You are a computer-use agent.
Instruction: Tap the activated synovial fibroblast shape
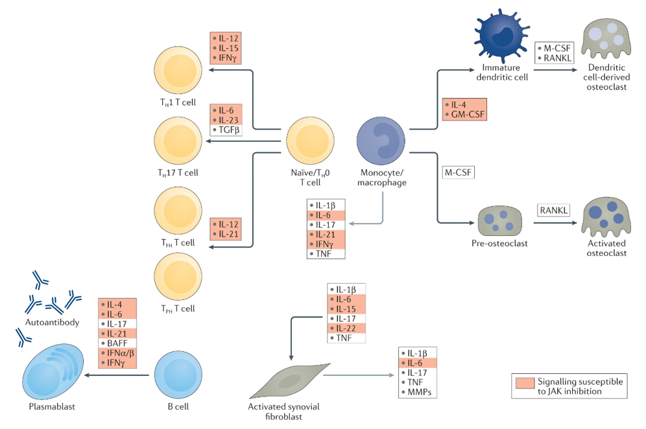click(285, 382)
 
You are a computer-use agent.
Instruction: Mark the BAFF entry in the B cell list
click(117, 342)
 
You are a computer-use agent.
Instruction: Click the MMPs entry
click(420, 393)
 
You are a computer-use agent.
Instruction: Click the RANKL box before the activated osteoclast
click(554, 210)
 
